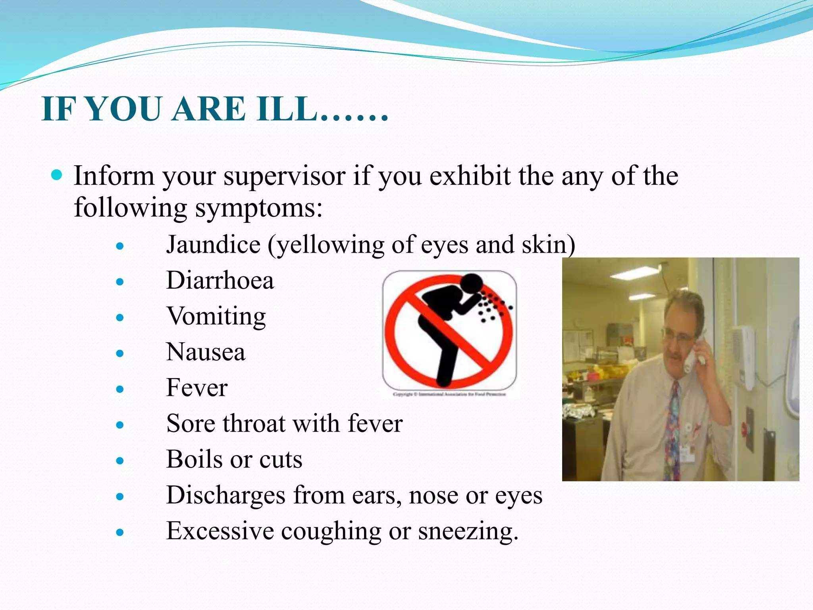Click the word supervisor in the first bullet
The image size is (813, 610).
(x=284, y=176)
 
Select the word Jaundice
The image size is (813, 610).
(x=213, y=245)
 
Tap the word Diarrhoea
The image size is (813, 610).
(x=220, y=280)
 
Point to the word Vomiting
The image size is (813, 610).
(x=216, y=317)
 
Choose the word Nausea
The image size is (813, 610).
(x=206, y=352)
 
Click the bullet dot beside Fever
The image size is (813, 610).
(x=120, y=389)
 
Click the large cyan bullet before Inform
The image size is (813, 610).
(x=57, y=175)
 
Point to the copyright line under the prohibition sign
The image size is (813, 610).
(x=449, y=394)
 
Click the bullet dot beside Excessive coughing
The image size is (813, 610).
(x=120, y=532)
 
